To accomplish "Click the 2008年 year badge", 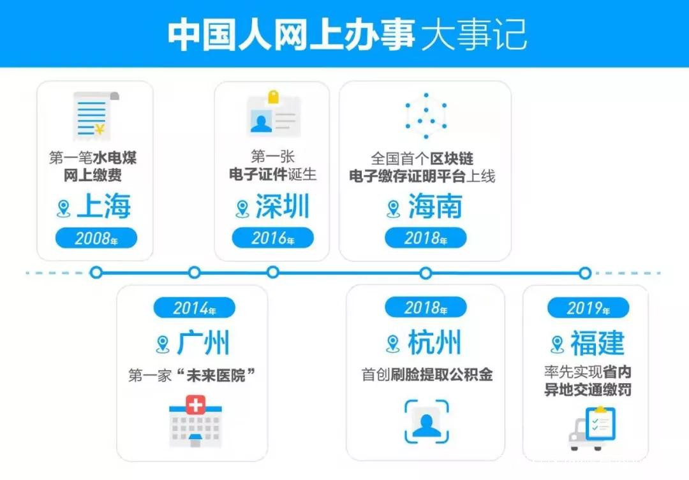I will tap(96, 238).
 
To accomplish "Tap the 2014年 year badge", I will tap(195, 308).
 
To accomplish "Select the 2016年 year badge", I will tap(272, 238).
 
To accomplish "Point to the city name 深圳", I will tap(282, 207).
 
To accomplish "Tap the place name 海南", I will tap(435, 207).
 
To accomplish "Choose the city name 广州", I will tap(203, 344).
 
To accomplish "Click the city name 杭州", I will tap(434, 344).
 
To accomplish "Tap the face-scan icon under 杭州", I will tap(426, 421).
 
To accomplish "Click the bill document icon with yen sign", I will tap(94, 115).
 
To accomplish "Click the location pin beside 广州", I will tap(163, 344).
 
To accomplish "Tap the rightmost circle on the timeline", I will tap(585, 273).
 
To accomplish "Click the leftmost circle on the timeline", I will tap(96, 273).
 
